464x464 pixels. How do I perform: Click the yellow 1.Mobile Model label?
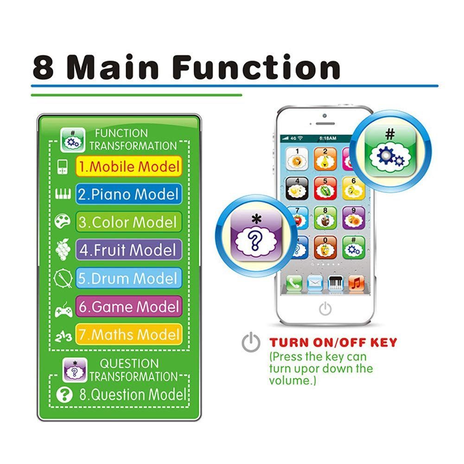coord(128,166)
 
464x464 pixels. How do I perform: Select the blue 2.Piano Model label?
coord(128,194)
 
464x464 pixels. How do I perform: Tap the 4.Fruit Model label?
coord(128,250)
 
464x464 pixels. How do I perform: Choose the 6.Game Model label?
coord(128,306)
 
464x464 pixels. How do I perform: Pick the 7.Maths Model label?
coord(128,334)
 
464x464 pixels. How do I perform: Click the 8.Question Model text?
coord(133,394)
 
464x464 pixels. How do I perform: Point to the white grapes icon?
coord(63,249)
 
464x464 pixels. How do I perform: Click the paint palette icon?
coord(63,221)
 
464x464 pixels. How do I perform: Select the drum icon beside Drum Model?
coord(63,279)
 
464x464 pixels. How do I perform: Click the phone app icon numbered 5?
coord(325,188)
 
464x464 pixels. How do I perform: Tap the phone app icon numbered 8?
coord(325,218)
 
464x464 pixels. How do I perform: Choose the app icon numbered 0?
coord(325,247)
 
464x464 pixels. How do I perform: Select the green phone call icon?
coord(294,283)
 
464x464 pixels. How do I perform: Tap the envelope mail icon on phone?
coord(315,283)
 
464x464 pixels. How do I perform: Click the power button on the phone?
coord(325,309)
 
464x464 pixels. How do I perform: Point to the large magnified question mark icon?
coord(256,235)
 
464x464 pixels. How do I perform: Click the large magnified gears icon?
coord(390,151)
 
